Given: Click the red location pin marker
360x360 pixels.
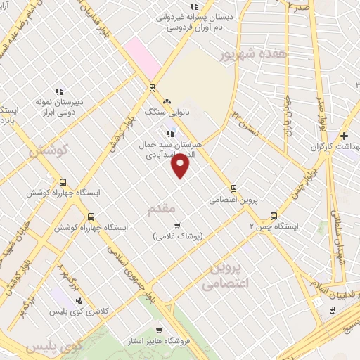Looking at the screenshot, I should pos(181,165).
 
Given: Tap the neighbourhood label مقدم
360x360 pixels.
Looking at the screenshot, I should pos(162,210).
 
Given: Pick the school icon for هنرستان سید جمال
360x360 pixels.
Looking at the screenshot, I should pos(169,134).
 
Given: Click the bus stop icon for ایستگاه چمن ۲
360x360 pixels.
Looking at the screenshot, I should pos(274,217).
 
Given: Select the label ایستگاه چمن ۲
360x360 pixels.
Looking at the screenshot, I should pos(274,226).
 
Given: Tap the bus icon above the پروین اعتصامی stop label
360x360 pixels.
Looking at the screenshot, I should pos(234,188).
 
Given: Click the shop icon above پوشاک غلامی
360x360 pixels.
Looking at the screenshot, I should pos(176,226).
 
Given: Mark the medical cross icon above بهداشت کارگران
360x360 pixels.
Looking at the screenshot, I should pos(344,136).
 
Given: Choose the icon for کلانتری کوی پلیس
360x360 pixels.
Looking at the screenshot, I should pos(77,300).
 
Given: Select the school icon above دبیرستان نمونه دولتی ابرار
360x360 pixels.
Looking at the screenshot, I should pos(60,91).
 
